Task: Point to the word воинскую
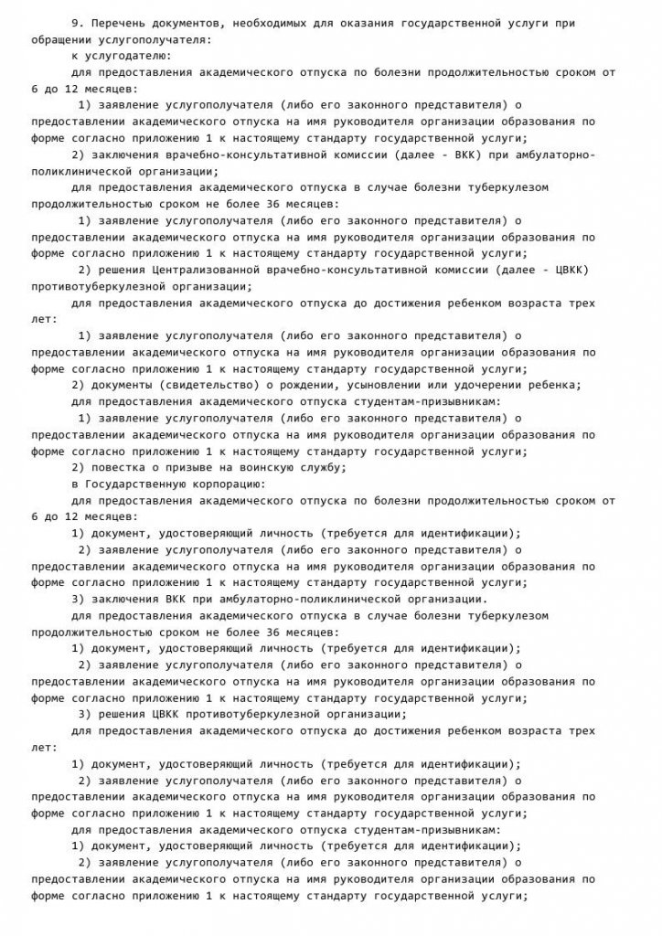[270, 466]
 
